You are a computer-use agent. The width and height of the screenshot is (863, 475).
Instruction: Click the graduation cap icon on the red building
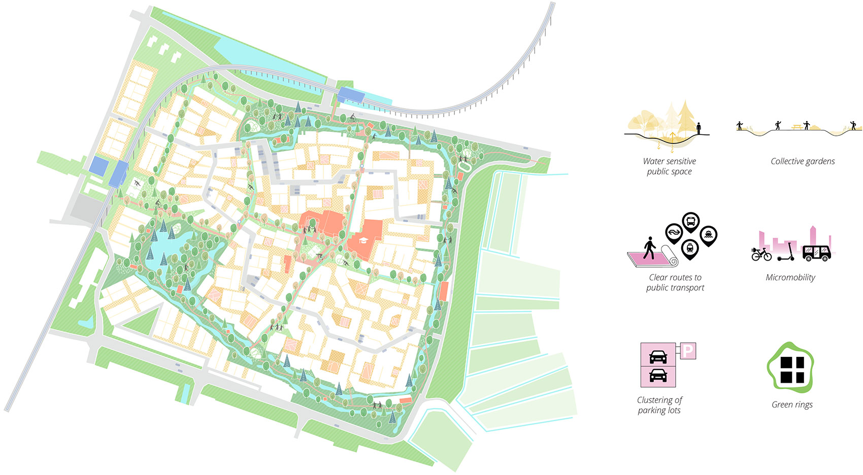[363, 240]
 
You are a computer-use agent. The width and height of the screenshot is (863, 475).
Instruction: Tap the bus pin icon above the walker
[690, 222]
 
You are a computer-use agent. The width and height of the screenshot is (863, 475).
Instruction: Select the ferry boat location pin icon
[708, 235]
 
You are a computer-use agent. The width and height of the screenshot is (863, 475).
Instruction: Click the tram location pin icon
[690, 248]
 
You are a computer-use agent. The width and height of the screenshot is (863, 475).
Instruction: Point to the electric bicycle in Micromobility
[761, 253]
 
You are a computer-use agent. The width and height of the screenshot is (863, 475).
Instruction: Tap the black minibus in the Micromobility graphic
[816, 252]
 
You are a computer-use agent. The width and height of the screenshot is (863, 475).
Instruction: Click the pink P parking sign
[687, 351]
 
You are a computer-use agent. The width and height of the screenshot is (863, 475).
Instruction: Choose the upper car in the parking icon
[658, 356]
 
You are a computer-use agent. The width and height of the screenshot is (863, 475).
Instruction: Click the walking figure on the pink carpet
[649, 248]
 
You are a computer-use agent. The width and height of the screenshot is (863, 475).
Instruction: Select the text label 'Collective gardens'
[802, 161]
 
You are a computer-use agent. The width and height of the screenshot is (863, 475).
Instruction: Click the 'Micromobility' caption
[790, 277]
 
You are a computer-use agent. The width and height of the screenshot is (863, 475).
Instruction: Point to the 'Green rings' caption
[791, 405]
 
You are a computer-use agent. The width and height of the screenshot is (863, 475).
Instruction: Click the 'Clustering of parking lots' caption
[659, 405]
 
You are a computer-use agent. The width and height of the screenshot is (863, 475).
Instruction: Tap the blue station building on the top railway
[351, 95]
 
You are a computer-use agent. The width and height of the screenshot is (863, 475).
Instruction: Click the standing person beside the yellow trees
[699, 129]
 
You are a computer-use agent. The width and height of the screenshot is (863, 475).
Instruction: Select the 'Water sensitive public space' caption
[669, 166]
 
